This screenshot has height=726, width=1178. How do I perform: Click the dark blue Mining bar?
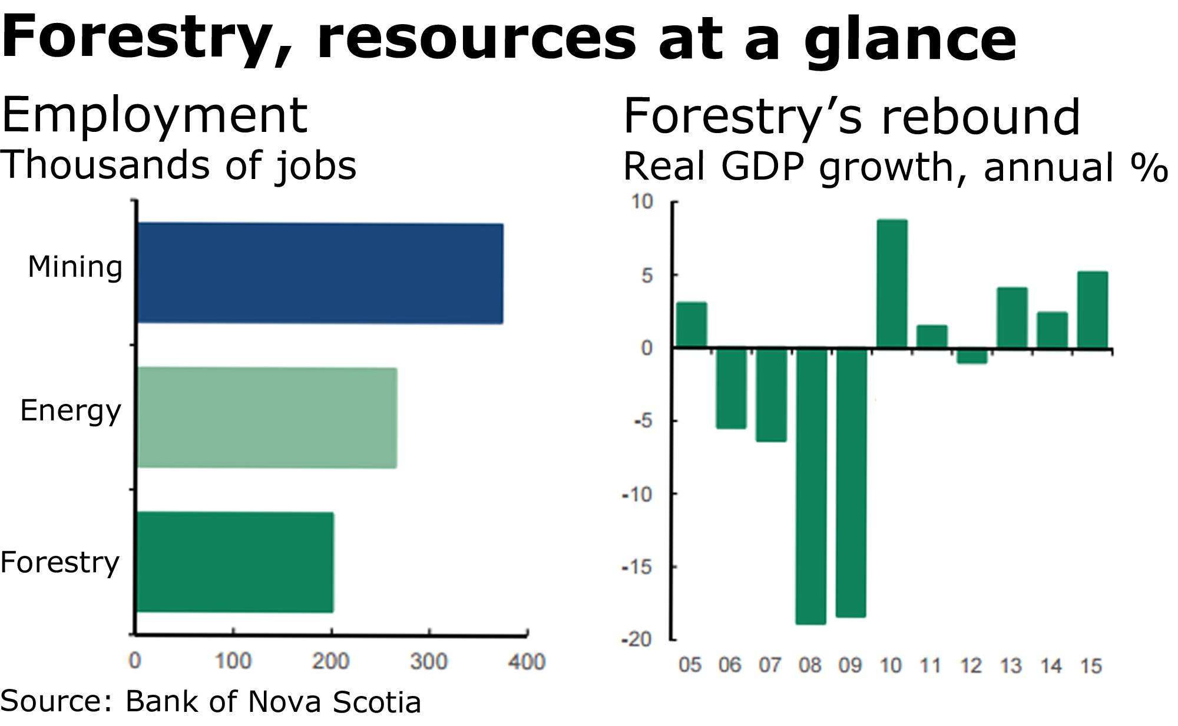[320, 273]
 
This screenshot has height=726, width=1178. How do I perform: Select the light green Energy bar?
[267, 417]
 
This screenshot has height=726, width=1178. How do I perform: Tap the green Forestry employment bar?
[235, 562]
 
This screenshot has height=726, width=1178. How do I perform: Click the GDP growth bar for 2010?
[892, 284]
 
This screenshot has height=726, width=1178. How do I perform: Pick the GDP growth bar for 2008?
[811, 486]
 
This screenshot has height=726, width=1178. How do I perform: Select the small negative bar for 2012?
[972, 356]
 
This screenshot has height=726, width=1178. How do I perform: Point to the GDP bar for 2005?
[691, 325]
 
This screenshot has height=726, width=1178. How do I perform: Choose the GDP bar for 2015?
[1093, 310]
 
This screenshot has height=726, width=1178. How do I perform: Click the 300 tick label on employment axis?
[429, 662]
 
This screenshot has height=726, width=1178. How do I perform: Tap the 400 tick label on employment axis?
[527, 662]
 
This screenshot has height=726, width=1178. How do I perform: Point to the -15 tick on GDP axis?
[638, 567]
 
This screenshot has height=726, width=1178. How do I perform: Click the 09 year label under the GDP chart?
[850, 666]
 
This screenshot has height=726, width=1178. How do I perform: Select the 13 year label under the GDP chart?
[1011, 666]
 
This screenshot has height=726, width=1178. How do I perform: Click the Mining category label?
[75, 267]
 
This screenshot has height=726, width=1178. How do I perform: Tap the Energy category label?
[71, 411]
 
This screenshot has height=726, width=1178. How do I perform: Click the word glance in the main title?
[910, 40]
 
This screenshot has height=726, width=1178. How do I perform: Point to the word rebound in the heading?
[981, 116]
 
